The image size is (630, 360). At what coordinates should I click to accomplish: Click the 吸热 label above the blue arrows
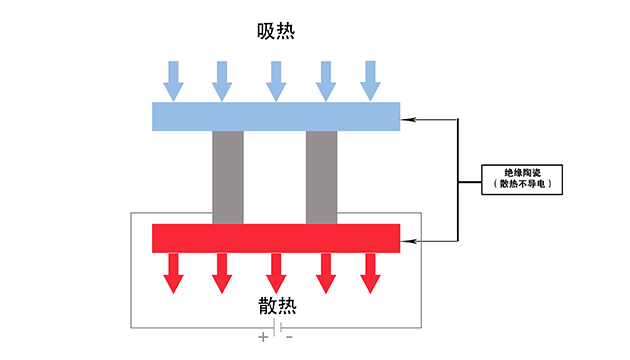(276, 31)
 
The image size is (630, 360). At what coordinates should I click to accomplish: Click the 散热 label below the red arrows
(277, 306)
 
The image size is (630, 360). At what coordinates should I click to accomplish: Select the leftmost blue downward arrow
(174, 81)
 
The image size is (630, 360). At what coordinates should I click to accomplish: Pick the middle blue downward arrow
(276, 81)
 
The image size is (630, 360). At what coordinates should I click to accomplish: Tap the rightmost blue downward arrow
(370, 81)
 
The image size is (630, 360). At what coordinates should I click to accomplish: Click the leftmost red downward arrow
(174, 273)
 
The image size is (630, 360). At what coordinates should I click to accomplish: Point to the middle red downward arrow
(276, 273)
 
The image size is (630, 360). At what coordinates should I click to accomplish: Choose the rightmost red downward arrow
(370, 273)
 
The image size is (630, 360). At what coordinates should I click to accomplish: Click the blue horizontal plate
(276, 117)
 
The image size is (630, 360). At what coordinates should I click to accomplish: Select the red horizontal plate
(276, 238)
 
